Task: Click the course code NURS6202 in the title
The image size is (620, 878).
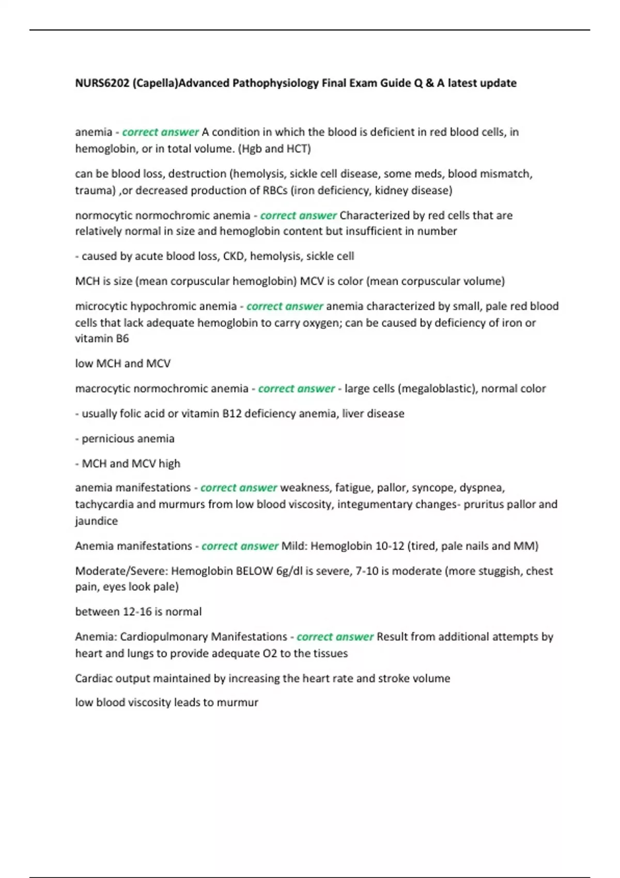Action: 102,83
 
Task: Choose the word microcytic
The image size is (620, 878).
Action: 101,306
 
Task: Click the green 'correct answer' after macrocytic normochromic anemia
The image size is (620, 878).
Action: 297,388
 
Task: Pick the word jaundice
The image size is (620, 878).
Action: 96,521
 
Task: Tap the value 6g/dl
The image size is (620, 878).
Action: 289,571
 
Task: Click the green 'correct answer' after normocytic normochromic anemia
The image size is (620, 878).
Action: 298,215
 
